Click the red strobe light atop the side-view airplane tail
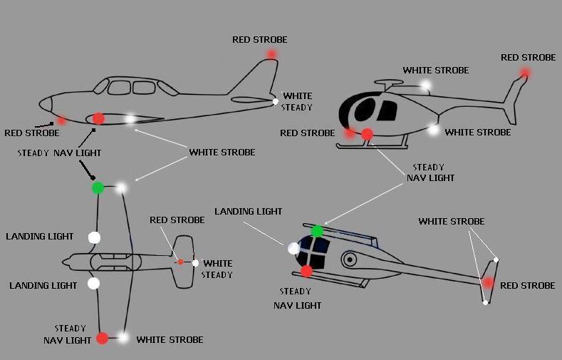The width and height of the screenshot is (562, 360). (271, 54)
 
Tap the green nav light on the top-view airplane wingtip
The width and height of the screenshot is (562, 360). (98, 187)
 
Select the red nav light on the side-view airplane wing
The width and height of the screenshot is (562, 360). (98, 118)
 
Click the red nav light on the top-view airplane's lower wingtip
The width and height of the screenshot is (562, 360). (102, 338)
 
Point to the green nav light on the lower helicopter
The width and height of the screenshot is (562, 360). (317, 230)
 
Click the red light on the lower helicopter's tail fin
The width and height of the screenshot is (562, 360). (488, 283)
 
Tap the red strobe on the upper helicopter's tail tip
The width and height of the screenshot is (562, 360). (525, 72)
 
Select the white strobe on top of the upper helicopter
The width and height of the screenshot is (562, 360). (426, 86)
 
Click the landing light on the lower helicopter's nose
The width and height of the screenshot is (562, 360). (293, 248)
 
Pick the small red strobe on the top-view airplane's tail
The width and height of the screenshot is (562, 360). (180, 262)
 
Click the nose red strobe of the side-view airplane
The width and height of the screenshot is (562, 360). (61, 120)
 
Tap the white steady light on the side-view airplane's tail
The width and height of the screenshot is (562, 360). (276, 101)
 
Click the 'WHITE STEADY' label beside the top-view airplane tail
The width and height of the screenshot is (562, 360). (217, 269)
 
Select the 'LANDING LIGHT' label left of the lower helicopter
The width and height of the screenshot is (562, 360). (248, 212)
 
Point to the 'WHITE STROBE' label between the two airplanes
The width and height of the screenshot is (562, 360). (222, 153)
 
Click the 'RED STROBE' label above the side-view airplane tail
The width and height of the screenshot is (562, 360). (259, 40)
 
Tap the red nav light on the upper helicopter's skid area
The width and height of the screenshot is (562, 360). (367, 134)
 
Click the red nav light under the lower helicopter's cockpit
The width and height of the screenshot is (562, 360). (306, 271)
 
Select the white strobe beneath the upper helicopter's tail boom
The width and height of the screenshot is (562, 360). (433, 129)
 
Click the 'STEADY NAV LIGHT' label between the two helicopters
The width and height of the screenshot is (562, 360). (430, 173)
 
